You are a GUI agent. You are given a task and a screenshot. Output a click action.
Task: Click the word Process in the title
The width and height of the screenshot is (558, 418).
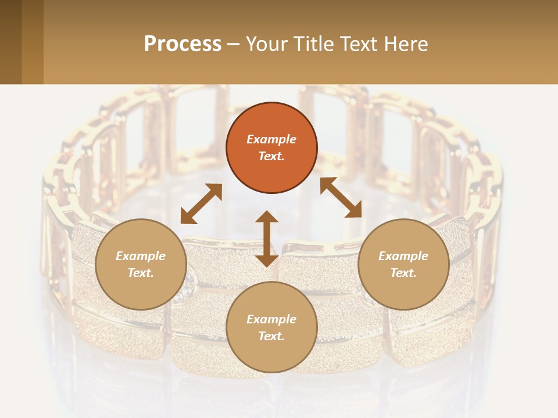tap(183, 44)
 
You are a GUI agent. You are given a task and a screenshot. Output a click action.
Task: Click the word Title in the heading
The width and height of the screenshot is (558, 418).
tap(310, 44)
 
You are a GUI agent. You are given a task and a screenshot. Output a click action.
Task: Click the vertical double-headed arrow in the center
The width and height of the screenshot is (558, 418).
tap(267, 239)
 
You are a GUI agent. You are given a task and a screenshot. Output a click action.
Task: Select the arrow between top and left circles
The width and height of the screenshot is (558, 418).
tap(201, 204)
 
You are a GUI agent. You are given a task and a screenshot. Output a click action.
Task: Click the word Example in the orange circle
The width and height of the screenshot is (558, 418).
tap(271, 139)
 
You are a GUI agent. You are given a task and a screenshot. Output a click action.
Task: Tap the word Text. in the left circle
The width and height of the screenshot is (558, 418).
tap(141, 273)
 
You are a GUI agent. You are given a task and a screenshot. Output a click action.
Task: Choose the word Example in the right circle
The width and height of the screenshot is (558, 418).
tap(403, 256)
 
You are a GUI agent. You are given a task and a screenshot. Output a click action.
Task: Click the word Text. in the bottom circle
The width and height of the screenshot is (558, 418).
tap(271, 336)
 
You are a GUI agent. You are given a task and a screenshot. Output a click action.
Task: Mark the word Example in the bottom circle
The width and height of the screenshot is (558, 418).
tap(271, 319)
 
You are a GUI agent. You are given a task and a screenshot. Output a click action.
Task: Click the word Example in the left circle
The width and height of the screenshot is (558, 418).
tap(141, 256)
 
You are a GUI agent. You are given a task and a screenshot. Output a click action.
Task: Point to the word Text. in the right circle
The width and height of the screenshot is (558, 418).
tap(403, 273)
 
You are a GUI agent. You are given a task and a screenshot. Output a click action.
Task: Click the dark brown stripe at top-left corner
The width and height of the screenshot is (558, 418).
tap(10, 42)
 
